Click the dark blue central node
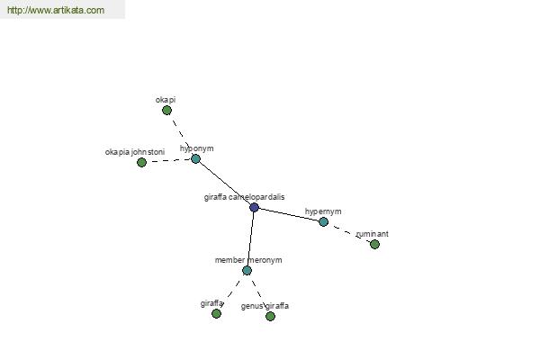pyautogui.click(x=254, y=207)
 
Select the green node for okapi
pyautogui.click(x=167, y=110)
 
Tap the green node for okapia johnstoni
pyautogui.click(x=141, y=162)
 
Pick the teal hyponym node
pyautogui.click(x=195, y=158)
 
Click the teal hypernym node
pyautogui.click(x=323, y=222)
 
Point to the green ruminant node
pyautogui.click(x=374, y=244)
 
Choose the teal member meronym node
pyautogui.click(x=247, y=270)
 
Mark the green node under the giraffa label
pyautogui.click(x=216, y=313)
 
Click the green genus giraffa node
pyautogui.click(x=270, y=316)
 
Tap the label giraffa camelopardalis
pyautogui.click(x=244, y=197)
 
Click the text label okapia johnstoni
pyautogui.click(x=135, y=152)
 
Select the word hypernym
pyautogui.click(x=323, y=211)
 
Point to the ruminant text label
pyautogui.click(x=373, y=234)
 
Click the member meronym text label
pyautogui.click(x=248, y=260)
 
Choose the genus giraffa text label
pyautogui.click(x=265, y=306)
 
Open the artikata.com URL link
pyautogui.click(x=56, y=10)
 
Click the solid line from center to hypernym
pyautogui.click(x=289, y=214)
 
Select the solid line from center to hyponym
pyautogui.click(x=225, y=184)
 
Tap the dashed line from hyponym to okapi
pyautogui.click(x=181, y=134)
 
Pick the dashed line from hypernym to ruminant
pyautogui.click(x=349, y=233)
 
